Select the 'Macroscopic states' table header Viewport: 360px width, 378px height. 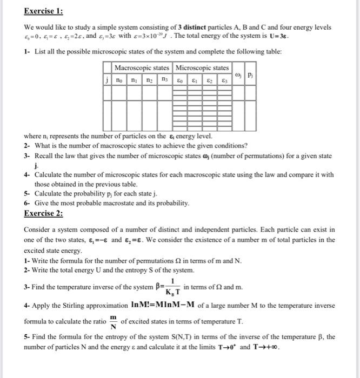(x=142, y=67)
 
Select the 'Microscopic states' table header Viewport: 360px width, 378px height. (x=202, y=67)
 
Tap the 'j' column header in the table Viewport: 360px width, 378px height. (x=108, y=78)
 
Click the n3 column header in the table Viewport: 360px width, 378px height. (x=164, y=78)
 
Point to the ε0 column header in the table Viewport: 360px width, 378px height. (x=179, y=78)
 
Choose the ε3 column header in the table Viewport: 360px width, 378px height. (x=223, y=78)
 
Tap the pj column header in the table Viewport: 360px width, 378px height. (x=250, y=73)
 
